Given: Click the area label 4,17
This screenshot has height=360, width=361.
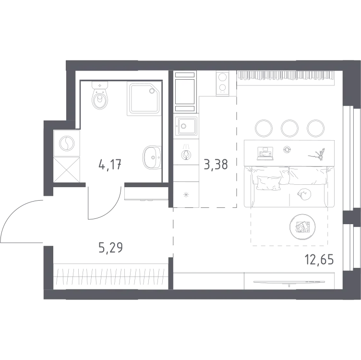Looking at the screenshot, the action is (x=110, y=164).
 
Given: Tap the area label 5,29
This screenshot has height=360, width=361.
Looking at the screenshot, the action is (x=110, y=248).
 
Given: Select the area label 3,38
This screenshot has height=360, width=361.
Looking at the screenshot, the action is (x=216, y=164).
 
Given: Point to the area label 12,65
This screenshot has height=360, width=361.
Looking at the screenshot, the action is (x=319, y=260).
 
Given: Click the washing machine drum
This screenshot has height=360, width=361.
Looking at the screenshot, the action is (x=67, y=144).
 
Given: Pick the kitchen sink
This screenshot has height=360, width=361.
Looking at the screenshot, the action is (x=186, y=126).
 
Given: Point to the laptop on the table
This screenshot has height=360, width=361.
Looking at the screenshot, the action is (x=265, y=153).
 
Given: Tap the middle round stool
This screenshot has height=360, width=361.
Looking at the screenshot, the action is (x=289, y=128).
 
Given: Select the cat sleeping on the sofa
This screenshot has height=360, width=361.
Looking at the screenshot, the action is (x=303, y=194).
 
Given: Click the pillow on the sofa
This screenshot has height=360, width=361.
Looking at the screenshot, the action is (x=269, y=183).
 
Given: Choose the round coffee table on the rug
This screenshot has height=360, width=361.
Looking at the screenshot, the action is (x=302, y=227).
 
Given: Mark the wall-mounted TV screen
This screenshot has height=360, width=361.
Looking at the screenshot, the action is (x=289, y=281).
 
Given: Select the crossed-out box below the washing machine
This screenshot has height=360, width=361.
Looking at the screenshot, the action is (x=67, y=170).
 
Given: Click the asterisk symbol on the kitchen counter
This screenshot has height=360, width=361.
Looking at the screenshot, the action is (x=186, y=195).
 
